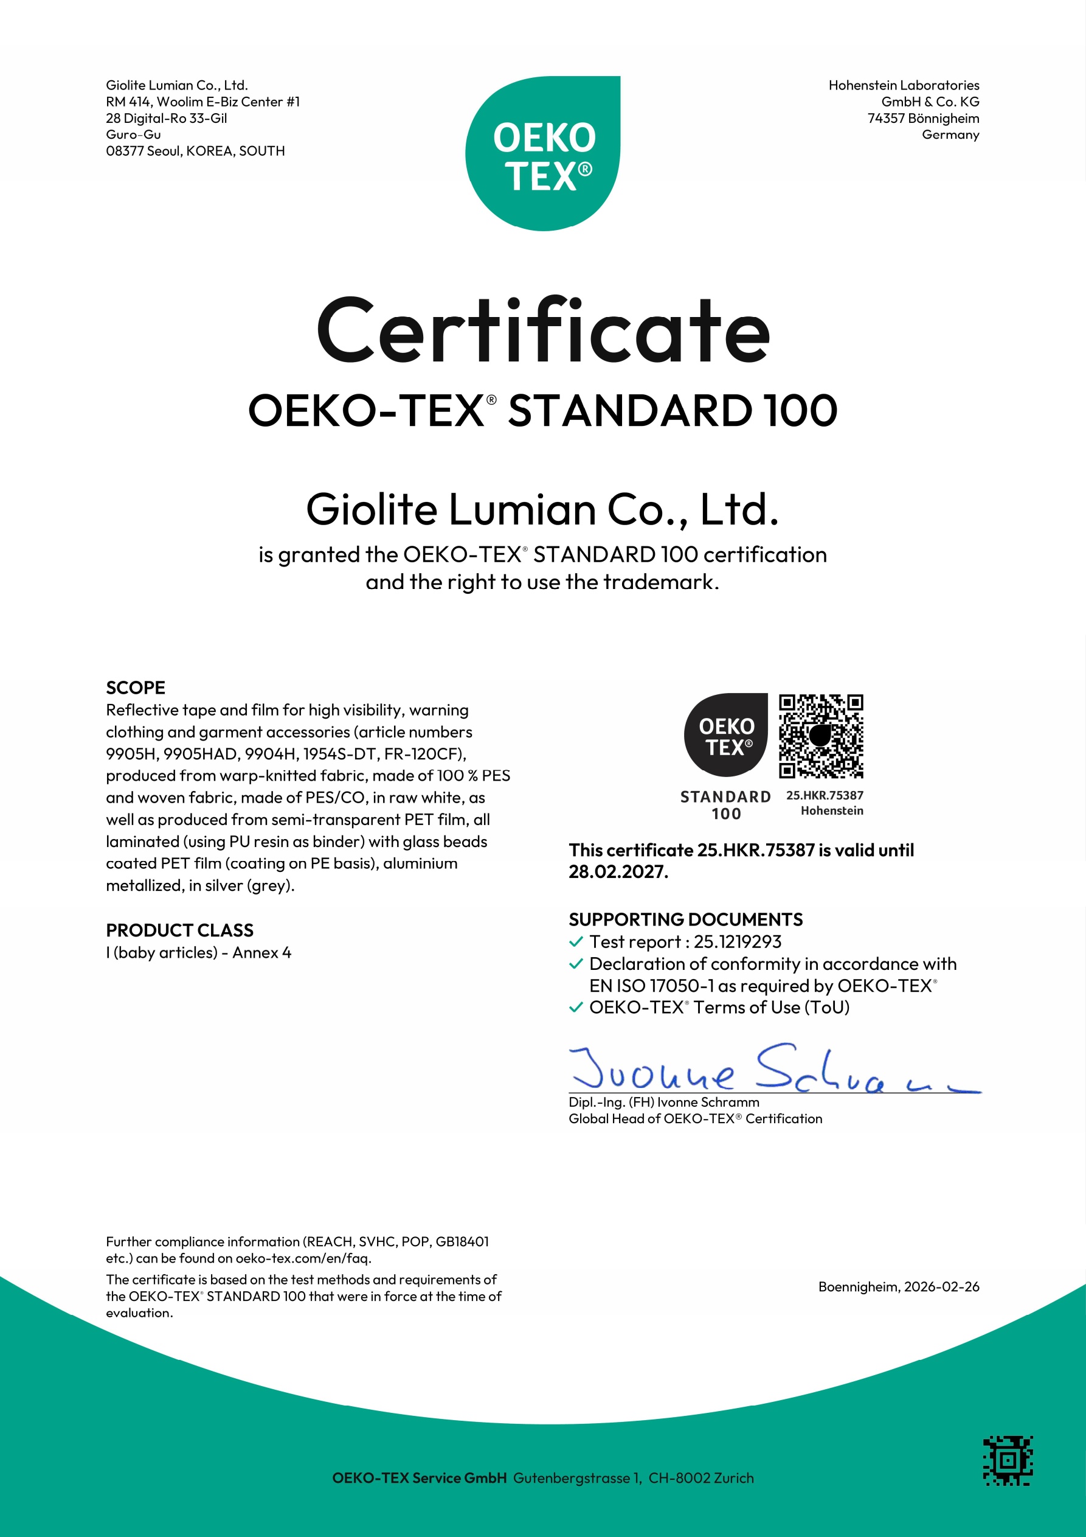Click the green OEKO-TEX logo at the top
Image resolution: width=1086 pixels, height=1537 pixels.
[x=542, y=154]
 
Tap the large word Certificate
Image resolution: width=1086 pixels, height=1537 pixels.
[x=542, y=332]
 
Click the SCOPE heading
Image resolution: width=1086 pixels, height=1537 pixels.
[x=135, y=688]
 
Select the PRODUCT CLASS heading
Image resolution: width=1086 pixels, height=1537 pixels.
[x=179, y=930]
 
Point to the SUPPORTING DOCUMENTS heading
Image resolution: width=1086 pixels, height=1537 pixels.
[x=685, y=919]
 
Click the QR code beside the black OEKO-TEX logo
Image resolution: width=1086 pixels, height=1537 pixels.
[x=821, y=736]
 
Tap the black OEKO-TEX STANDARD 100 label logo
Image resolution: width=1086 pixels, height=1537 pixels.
[x=726, y=736]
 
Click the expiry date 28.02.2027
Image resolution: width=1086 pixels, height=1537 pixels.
[x=618, y=871]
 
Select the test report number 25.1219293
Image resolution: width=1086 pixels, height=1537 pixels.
[x=738, y=942]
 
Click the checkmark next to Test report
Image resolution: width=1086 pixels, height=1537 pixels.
[x=575, y=942]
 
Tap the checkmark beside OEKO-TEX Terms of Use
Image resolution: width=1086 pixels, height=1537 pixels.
[x=575, y=1008]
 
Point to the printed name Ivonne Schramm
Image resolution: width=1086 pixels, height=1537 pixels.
[x=708, y=1102]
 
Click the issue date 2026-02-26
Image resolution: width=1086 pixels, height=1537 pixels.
[x=941, y=1287]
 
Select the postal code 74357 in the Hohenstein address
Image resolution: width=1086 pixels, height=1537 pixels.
[x=886, y=119]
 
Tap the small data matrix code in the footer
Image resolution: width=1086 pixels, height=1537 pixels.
[x=1008, y=1460]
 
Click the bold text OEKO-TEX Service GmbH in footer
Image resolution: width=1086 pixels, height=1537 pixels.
[x=419, y=1478]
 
